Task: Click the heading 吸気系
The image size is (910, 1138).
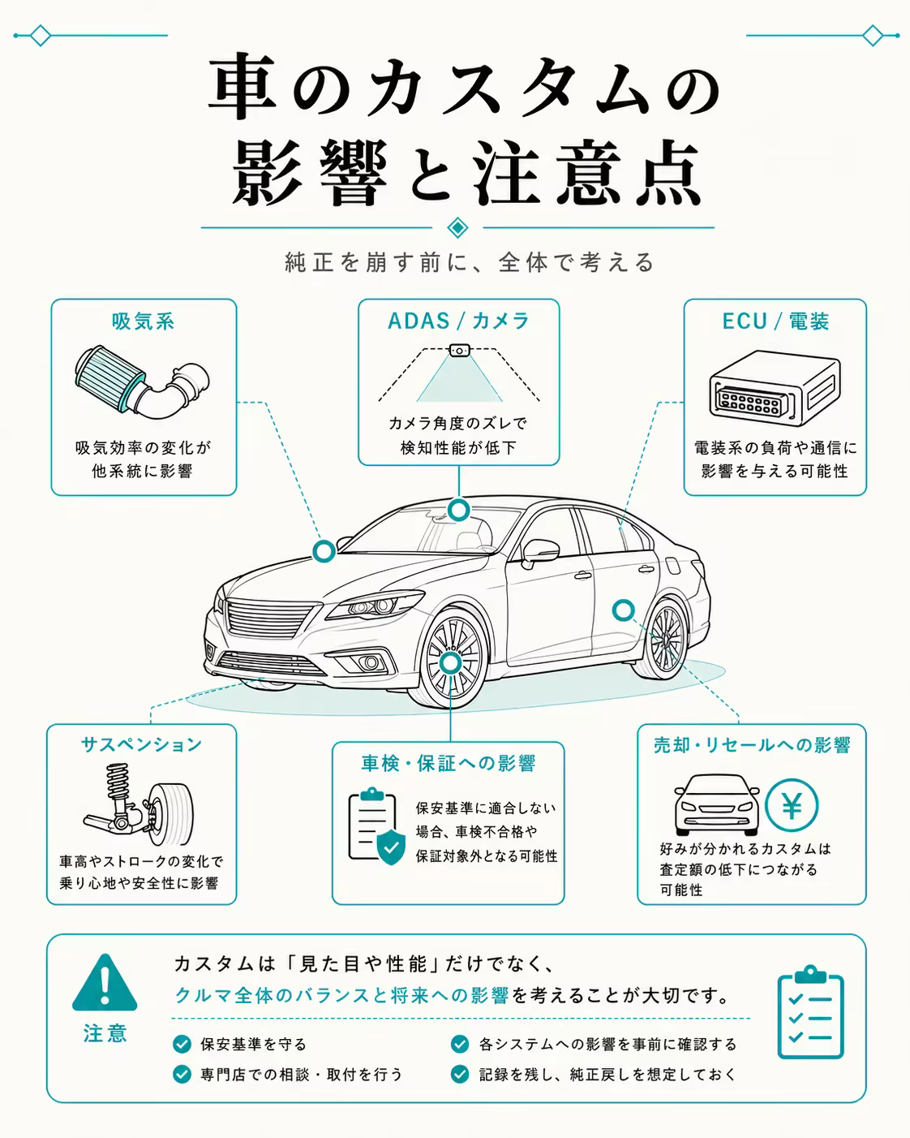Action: tap(143, 321)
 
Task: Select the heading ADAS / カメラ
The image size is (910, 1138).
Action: tap(458, 321)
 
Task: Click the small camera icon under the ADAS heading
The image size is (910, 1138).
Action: tap(459, 350)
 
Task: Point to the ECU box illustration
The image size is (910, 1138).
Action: tap(775, 388)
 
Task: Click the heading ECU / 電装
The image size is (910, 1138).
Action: tap(775, 321)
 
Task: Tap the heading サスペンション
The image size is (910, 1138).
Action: tap(142, 744)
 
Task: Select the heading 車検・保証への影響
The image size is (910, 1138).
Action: tap(449, 763)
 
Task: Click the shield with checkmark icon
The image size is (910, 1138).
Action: tap(391, 847)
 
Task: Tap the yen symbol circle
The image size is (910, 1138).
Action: tap(791, 805)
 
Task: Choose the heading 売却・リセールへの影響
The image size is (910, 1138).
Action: tap(752, 745)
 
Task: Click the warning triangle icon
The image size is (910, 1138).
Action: tap(105, 983)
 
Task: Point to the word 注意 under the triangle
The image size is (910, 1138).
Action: tap(105, 1033)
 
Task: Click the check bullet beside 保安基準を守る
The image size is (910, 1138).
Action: tap(182, 1045)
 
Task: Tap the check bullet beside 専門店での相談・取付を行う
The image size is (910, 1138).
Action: tap(182, 1074)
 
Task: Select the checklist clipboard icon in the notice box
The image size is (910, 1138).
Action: tap(810, 1011)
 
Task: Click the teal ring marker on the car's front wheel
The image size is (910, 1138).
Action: tap(450, 664)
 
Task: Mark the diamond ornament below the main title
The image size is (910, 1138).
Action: tap(457, 228)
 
